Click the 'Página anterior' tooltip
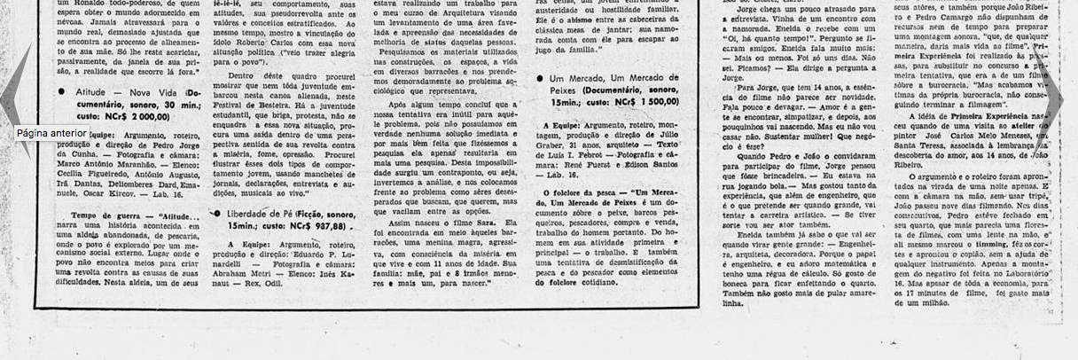pos(51,133)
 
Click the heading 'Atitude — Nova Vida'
pos(114,91)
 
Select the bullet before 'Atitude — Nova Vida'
pos(61,91)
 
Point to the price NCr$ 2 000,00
pos(137,115)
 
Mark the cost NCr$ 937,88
pos(315,225)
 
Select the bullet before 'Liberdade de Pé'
pos(216,214)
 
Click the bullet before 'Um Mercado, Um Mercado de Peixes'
pos(539,79)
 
